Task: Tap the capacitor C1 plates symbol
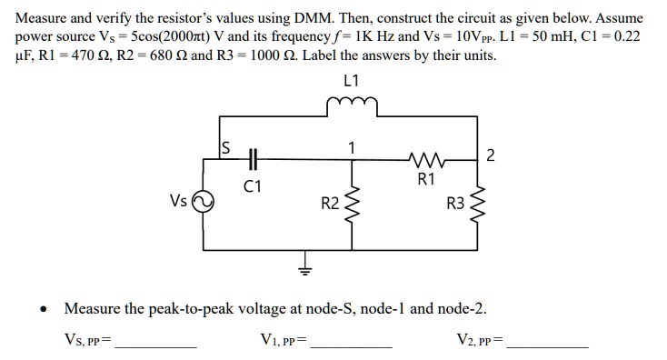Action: [x=253, y=160]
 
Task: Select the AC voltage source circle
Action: [x=203, y=202]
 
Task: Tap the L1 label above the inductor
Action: [x=352, y=80]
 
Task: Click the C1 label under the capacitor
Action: [x=253, y=186]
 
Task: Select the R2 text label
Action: [x=330, y=204]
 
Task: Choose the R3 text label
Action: [x=455, y=204]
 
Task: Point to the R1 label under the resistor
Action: [x=426, y=179]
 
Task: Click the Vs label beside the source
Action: [x=178, y=200]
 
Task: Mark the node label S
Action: [x=226, y=147]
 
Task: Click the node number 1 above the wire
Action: [x=352, y=147]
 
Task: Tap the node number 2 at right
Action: [x=491, y=155]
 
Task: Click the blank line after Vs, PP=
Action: [x=156, y=347]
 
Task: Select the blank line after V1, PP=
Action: [x=352, y=347]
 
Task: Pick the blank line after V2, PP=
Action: [x=548, y=347]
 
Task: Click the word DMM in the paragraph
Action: [x=313, y=18]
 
